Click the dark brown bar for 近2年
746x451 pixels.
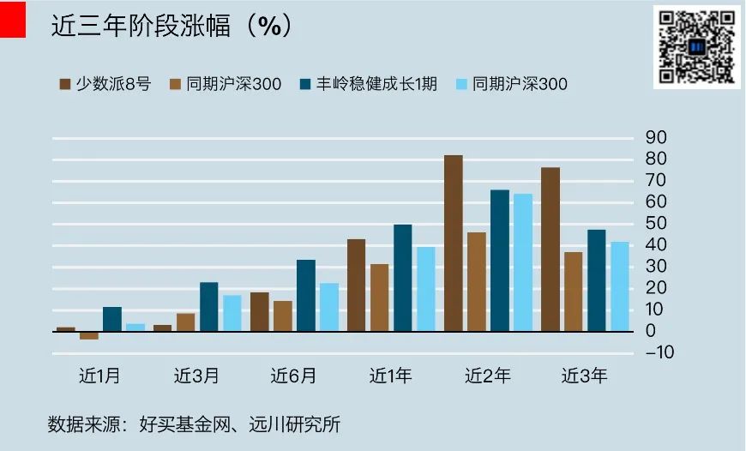[x=454, y=244]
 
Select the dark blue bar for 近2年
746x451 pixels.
[x=500, y=261]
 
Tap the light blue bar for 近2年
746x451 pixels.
[x=523, y=262]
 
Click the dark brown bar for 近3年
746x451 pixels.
[x=550, y=250]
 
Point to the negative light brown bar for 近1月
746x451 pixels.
[x=89, y=335]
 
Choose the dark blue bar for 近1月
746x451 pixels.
[x=112, y=319]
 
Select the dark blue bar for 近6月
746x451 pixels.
[x=306, y=296]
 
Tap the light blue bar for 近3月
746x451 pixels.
[x=232, y=313]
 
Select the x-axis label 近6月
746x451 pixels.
[x=293, y=376]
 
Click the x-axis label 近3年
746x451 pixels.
[x=585, y=376]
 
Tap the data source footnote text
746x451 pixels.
[x=194, y=424]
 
